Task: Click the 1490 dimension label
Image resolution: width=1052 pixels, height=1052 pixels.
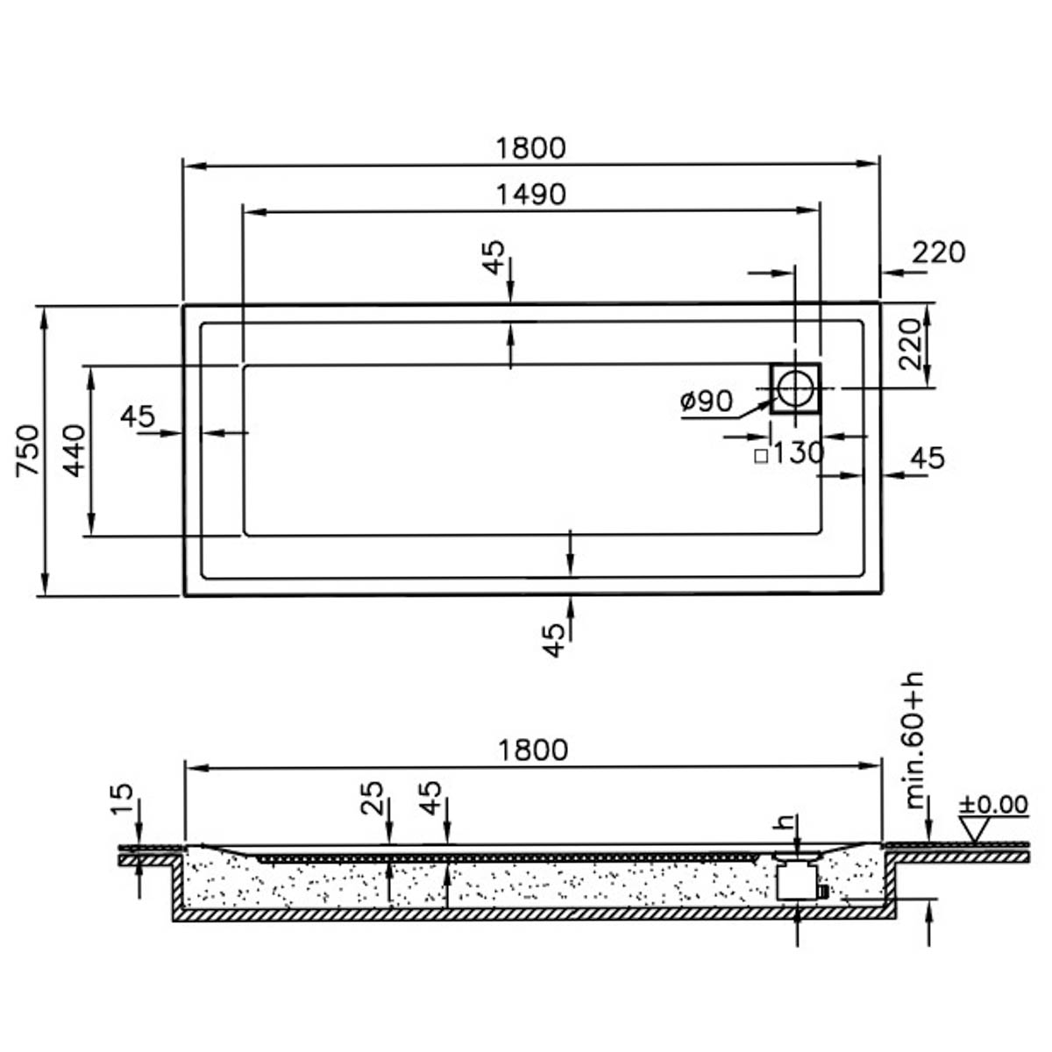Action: click(530, 195)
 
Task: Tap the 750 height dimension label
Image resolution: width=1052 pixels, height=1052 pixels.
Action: click(27, 451)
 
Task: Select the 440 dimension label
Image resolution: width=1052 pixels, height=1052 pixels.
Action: click(74, 451)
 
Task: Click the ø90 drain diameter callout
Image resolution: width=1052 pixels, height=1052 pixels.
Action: click(706, 402)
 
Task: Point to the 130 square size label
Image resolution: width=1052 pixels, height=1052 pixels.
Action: click(799, 452)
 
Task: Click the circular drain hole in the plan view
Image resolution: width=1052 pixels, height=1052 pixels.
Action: click(795, 388)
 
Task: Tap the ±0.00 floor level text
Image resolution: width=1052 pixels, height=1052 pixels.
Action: click(993, 805)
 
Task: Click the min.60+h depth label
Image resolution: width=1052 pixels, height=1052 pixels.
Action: click(913, 740)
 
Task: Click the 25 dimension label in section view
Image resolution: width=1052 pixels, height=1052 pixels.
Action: click(372, 798)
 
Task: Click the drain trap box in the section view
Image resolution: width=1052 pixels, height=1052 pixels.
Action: click(797, 882)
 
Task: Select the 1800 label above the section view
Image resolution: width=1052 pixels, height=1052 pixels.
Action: click(533, 750)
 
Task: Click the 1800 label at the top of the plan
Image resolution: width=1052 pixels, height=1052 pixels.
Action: click(530, 148)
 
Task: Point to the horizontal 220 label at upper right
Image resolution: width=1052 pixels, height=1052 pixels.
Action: click(939, 252)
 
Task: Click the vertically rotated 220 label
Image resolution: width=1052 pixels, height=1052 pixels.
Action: click(909, 345)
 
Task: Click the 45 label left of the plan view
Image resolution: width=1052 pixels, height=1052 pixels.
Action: click(138, 416)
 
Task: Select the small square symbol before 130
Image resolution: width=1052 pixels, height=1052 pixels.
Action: click(761, 456)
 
